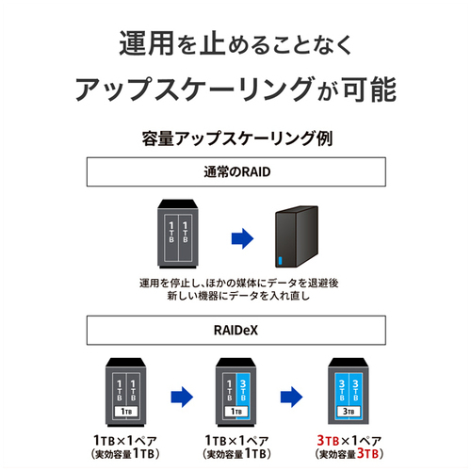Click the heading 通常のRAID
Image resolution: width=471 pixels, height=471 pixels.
237,172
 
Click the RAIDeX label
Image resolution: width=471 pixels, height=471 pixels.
235,331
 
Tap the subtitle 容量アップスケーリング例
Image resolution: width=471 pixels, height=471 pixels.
237,138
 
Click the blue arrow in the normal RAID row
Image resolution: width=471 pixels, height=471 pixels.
242,238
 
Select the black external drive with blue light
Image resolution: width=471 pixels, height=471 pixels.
297,236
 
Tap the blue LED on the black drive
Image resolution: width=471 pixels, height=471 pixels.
281,261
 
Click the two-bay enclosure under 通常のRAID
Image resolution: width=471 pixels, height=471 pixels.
178,234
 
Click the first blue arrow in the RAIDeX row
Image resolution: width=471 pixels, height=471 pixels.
182,397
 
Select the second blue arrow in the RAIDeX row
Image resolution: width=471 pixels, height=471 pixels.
291,397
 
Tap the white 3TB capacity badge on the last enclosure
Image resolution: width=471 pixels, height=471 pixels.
349,412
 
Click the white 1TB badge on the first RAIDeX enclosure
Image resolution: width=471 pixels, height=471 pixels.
126,412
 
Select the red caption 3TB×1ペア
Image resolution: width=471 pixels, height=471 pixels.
349,440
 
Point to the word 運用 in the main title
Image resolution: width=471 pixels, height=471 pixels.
146,43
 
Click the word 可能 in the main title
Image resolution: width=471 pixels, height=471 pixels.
369,89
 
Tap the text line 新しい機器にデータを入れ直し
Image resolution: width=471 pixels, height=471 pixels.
238,296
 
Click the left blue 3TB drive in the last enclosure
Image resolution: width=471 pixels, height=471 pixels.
342,390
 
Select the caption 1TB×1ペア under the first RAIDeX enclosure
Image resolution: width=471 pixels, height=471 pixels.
125,440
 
